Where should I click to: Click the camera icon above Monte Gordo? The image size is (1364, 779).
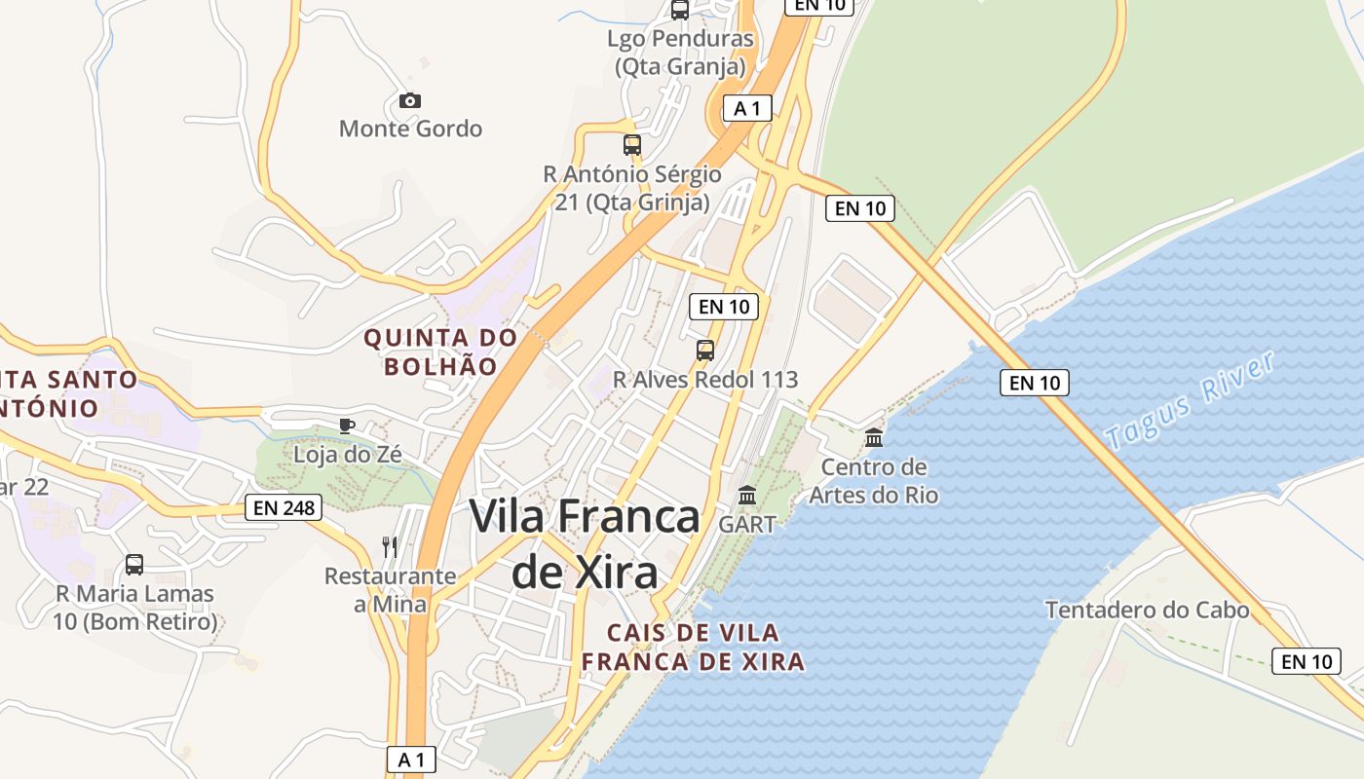pos(410,100)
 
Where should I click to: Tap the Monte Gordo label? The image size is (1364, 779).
pos(410,129)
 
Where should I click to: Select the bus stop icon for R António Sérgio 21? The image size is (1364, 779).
pos(632,145)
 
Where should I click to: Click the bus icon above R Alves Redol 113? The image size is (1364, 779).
pos(705,351)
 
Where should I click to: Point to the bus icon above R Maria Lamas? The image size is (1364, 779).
pos(134,565)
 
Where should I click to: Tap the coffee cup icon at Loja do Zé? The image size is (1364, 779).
pos(346,426)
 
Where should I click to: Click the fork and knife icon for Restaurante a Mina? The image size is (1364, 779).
pos(390,546)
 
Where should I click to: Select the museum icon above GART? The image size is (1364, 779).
pos(747,496)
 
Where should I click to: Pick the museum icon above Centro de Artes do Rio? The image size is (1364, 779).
pos(874,438)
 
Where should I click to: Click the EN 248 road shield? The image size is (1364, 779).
pos(284,507)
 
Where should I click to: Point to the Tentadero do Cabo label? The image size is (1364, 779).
pos(1147,611)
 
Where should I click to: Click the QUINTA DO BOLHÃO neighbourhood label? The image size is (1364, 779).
pos(440,352)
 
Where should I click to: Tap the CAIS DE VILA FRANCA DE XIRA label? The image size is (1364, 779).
pos(693,648)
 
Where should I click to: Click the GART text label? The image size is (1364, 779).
pos(747,524)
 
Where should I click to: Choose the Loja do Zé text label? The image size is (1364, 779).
pos(348,454)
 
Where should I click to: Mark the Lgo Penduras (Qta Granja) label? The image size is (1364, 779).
pos(680,53)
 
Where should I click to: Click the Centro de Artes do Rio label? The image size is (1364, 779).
pos(874,481)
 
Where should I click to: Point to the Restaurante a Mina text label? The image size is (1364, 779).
pos(390,590)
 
